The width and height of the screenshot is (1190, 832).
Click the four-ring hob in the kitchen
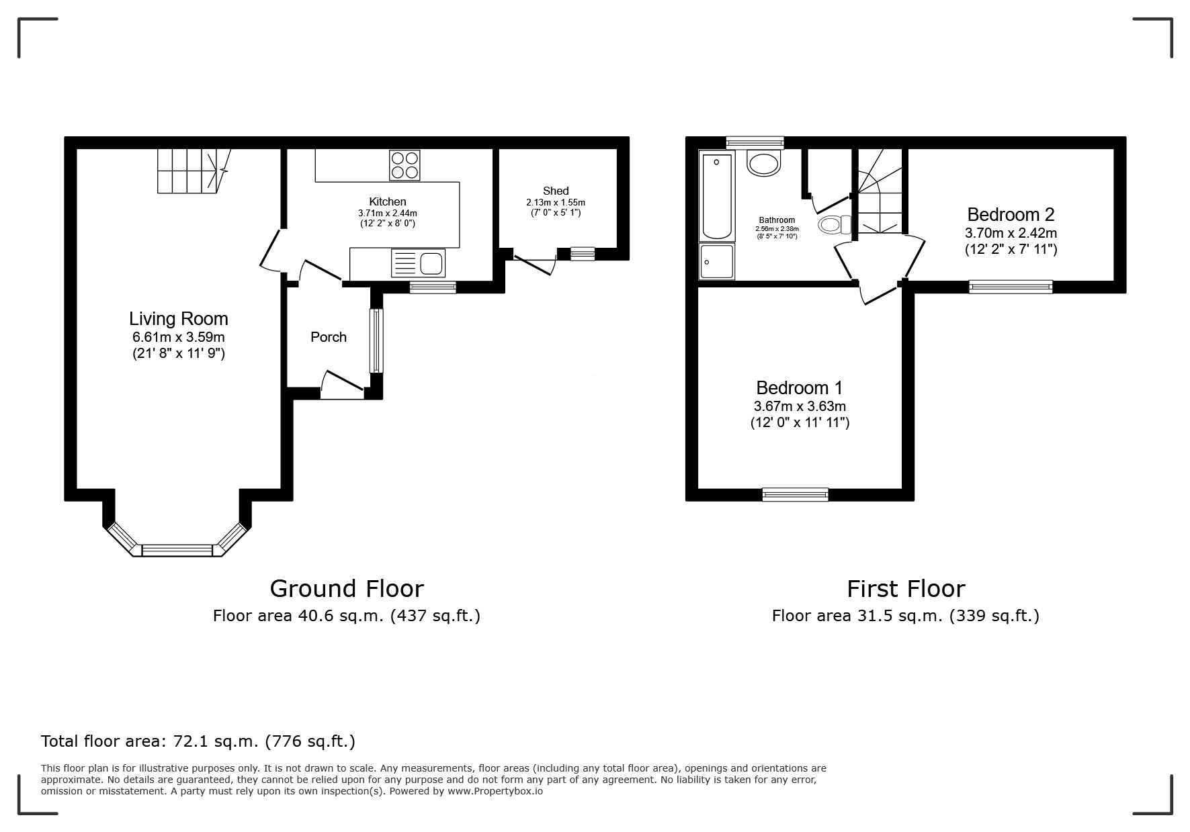pyautogui.click(x=405, y=165)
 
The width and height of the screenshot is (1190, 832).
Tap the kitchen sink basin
pyautogui.click(x=432, y=263)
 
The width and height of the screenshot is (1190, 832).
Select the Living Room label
pyautogui.click(x=179, y=318)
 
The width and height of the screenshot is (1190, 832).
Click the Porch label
pyautogui.click(x=329, y=337)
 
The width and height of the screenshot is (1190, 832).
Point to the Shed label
pyautogui.click(x=556, y=191)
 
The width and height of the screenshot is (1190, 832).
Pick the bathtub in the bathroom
pyautogui.click(x=717, y=195)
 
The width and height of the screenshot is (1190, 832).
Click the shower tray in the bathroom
pyautogui.click(x=717, y=261)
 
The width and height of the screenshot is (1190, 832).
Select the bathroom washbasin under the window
pyautogui.click(x=765, y=163)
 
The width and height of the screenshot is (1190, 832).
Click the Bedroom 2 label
pyautogui.click(x=1011, y=215)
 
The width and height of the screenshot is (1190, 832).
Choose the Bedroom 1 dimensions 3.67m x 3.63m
pyautogui.click(x=800, y=406)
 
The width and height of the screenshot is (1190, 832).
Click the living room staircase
pyautogui.click(x=194, y=171)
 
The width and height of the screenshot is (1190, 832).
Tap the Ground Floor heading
pyautogui.click(x=347, y=588)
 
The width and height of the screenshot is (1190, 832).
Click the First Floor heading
pyautogui.click(x=906, y=588)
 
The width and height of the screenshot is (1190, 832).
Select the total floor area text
pyautogui.click(x=198, y=741)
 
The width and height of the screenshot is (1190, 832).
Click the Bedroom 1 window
pyautogui.click(x=796, y=495)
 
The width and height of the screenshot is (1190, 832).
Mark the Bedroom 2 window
pyautogui.click(x=1011, y=287)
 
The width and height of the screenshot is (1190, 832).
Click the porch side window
pyautogui.click(x=376, y=340)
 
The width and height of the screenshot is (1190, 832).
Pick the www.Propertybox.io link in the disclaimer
pyautogui.click(x=495, y=791)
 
